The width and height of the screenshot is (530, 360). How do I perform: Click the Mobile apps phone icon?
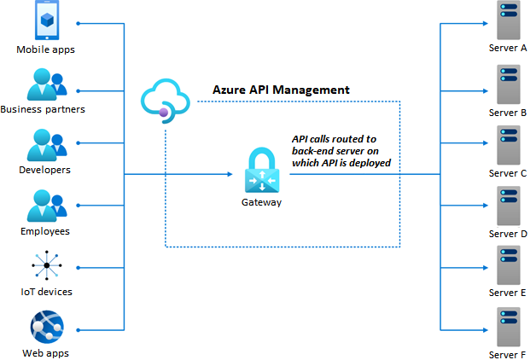click(46, 20)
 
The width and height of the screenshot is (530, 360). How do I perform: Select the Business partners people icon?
click(46, 84)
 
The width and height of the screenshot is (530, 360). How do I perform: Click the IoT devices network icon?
click(46, 266)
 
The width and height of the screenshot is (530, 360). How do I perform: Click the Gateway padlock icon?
click(261, 171)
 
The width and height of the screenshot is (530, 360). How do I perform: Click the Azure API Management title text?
click(281, 90)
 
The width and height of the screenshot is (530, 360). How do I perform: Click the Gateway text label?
click(261, 202)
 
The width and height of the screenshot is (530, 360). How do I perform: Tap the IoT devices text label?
click(46, 292)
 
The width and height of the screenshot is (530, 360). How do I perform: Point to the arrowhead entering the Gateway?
click(229, 174)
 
